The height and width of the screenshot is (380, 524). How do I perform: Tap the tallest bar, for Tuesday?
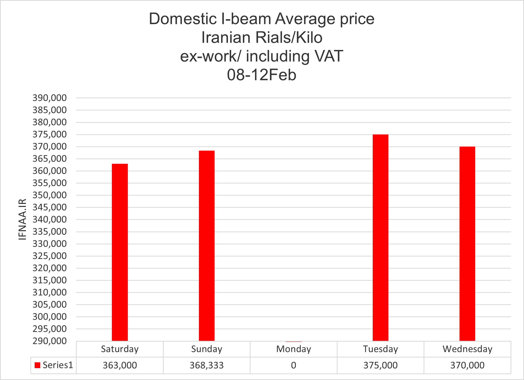click(380, 238)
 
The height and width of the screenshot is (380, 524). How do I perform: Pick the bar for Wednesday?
click(467, 244)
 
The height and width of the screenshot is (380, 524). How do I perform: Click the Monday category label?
click(294, 349)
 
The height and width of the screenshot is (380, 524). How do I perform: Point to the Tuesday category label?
click(380, 349)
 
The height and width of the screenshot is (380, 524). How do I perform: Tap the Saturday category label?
click(120, 349)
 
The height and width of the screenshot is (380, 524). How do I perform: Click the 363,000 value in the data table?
click(120, 365)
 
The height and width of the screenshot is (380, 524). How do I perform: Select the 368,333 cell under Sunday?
click(206, 365)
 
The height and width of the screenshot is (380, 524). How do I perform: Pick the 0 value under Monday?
click(294, 365)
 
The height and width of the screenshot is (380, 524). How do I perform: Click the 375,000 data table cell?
click(380, 365)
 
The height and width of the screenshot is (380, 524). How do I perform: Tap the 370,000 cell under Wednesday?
click(467, 365)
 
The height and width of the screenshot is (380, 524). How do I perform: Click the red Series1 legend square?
click(37, 365)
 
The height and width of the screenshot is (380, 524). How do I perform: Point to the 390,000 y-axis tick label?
click(50, 98)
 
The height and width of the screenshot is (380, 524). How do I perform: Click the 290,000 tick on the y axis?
click(50, 341)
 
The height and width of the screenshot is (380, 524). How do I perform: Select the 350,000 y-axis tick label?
click(50, 195)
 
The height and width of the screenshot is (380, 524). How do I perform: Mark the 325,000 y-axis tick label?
click(50, 256)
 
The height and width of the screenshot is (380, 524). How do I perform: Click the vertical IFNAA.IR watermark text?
click(23, 219)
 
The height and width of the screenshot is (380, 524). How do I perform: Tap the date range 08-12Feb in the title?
click(261, 75)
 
